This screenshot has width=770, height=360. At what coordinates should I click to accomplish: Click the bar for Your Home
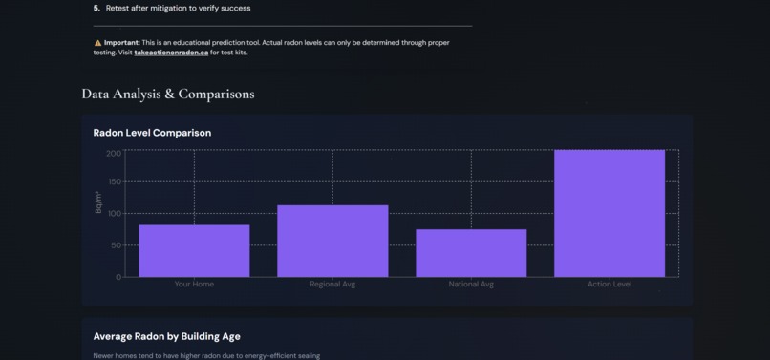[194, 251]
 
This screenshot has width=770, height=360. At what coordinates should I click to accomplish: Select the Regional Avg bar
[332, 241]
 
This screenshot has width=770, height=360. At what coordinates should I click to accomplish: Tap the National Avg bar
[471, 253]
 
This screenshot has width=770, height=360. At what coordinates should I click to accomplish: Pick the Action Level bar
[610, 214]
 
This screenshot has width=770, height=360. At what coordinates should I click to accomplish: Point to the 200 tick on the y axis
[114, 153]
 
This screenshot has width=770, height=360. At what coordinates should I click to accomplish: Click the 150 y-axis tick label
[114, 181]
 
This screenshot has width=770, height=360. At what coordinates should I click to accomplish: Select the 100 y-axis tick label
[114, 213]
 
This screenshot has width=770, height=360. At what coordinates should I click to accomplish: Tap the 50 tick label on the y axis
[116, 245]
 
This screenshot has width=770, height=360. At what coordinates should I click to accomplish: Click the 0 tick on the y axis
[118, 277]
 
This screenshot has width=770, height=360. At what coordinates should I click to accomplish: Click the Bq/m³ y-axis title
[98, 201]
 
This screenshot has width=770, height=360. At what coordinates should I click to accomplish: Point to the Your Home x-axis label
[194, 285]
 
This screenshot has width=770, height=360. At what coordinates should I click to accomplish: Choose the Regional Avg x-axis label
[332, 285]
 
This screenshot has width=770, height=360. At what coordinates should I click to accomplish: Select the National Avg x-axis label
[471, 285]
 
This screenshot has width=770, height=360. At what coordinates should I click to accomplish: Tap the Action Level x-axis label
[610, 285]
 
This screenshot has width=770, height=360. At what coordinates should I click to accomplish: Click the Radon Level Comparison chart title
[152, 133]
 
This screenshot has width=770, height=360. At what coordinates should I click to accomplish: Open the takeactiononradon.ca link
[171, 53]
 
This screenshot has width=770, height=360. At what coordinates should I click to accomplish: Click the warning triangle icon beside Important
[97, 43]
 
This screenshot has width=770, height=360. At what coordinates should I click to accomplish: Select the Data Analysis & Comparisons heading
[168, 94]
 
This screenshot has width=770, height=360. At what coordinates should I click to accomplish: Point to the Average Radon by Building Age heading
[166, 336]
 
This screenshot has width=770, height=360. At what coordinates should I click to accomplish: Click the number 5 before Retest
[96, 8]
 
